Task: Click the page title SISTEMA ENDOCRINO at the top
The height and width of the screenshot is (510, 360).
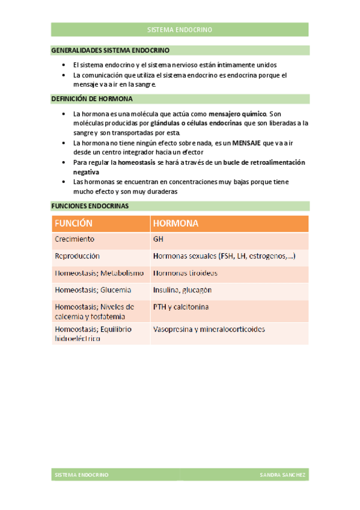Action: [x=180, y=29]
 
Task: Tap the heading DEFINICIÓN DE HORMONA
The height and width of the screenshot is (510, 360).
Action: [x=92, y=99]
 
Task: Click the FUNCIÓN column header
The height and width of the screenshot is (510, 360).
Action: [x=73, y=224]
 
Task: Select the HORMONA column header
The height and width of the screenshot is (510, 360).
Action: [x=175, y=224]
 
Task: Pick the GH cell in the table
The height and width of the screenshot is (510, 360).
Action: [x=158, y=239]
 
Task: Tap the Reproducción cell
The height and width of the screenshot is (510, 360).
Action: [x=77, y=256]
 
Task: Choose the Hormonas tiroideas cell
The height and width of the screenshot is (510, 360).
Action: [x=185, y=273]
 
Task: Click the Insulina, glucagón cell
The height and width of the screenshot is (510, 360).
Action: [x=182, y=290]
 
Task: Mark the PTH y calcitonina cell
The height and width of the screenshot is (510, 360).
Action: [x=181, y=307]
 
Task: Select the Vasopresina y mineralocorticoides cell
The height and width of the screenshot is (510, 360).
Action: [x=209, y=330]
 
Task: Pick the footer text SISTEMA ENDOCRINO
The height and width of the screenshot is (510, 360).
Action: [x=81, y=475]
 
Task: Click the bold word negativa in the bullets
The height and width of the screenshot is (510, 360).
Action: [x=85, y=171]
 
